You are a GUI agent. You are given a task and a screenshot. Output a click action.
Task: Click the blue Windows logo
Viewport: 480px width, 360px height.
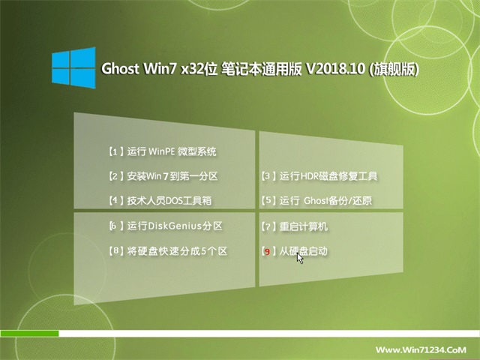point(73,67)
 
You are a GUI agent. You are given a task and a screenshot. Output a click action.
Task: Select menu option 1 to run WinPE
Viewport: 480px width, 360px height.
point(163,151)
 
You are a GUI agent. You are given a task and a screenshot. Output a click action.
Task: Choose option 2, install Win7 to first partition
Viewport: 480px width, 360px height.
point(163,176)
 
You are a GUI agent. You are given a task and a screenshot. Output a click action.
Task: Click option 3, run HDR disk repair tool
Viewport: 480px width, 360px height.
point(319,176)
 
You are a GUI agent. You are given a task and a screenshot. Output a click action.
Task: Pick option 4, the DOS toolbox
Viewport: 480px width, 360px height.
point(160,200)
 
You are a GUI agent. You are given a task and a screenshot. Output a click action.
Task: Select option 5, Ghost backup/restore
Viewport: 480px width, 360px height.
point(316,200)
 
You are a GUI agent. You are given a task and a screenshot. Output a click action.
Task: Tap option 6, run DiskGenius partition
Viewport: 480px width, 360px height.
point(166,226)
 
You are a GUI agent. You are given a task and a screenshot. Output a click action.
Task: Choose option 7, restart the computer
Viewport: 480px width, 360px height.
point(295,226)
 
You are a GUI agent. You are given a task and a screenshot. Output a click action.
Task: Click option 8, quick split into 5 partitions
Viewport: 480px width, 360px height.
point(168,251)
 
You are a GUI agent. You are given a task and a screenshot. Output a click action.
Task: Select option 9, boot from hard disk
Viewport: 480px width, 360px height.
point(295,251)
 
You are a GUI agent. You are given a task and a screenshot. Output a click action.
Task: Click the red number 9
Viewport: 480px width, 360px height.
point(267,252)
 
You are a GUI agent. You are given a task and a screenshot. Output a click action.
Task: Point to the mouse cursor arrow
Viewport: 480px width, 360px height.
point(300,258)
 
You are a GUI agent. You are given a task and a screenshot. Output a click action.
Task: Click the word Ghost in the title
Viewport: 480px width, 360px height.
point(120,68)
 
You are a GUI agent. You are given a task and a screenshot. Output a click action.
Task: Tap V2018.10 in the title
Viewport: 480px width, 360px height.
point(335,68)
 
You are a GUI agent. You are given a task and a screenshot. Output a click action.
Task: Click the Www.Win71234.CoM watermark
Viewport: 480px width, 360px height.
point(421,349)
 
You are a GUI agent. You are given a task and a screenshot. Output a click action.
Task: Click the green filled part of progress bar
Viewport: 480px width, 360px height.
point(29,334)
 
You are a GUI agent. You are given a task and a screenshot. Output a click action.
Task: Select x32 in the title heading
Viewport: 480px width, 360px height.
point(192,69)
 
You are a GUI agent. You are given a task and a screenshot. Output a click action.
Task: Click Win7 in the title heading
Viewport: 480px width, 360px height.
point(160,68)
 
